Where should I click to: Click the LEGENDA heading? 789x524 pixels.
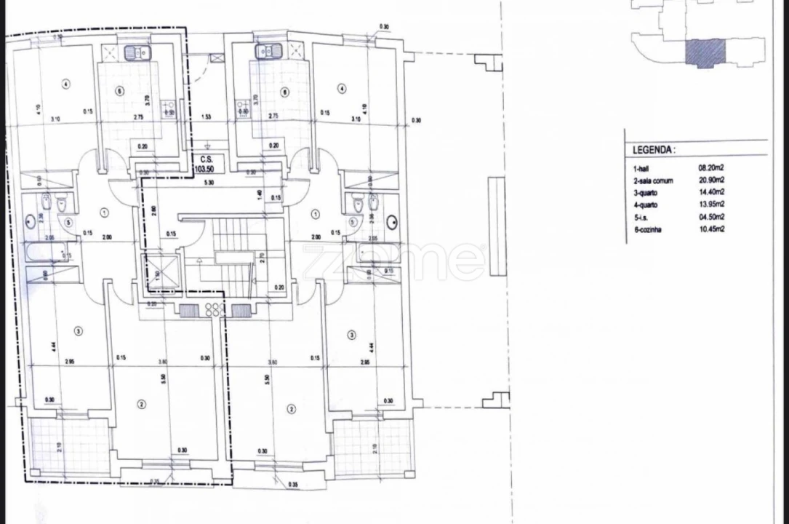point(654,150)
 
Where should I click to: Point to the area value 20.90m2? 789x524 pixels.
point(711,180)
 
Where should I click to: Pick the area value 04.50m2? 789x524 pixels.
point(711,217)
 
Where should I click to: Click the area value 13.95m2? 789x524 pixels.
point(711,205)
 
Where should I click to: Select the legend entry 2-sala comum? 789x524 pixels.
point(653,180)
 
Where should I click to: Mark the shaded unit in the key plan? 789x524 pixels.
point(705,52)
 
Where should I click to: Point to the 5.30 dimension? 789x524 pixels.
point(208,183)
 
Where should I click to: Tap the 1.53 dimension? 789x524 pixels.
point(207,116)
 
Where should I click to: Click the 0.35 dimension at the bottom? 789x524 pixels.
point(292,484)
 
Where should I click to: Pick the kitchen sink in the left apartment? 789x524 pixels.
point(136,52)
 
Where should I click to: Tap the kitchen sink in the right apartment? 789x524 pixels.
point(265,52)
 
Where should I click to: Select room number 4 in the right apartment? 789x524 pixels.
point(341,89)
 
